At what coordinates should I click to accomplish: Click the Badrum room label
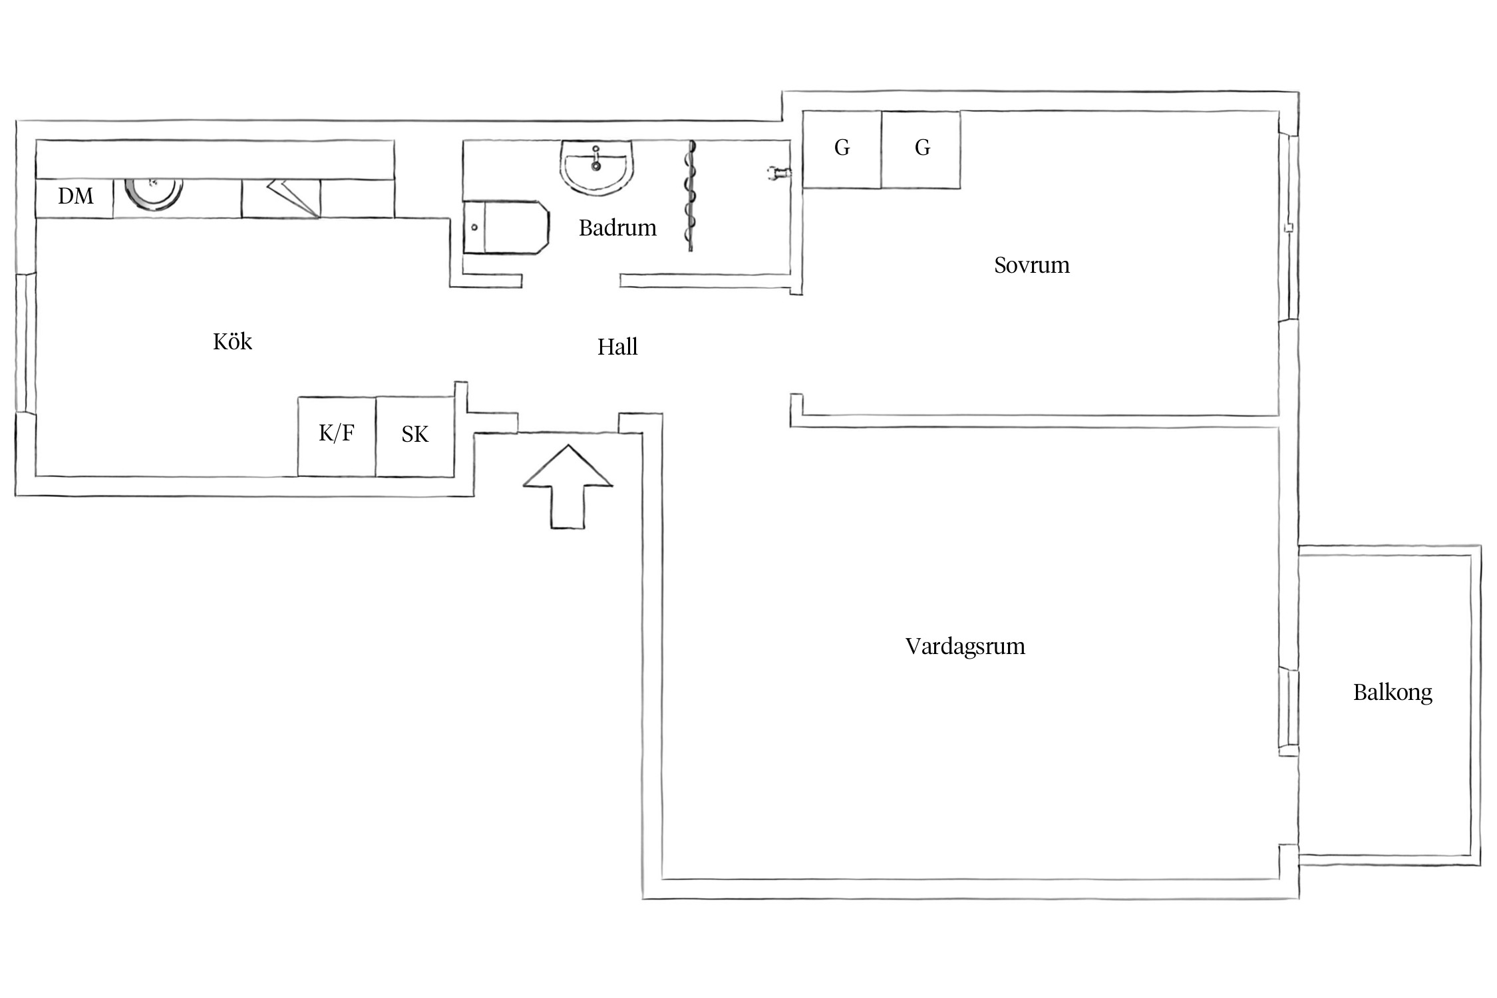(617, 228)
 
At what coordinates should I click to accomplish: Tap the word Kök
(232, 342)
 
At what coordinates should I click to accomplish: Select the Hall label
(617, 347)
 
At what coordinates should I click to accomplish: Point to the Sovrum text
(1031, 265)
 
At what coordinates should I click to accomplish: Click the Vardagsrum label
(965, 647)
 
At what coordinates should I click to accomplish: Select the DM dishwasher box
(75, 197)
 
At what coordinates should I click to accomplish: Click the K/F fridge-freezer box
(337, 436)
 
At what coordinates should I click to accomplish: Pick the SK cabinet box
(415, 436)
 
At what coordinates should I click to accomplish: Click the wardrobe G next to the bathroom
(842, 149)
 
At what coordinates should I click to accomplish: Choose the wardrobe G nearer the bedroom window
(921, 149)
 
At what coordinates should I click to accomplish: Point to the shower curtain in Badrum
(691, 196)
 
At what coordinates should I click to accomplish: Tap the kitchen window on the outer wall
(25, 343)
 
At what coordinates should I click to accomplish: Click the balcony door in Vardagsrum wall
(1289, 712)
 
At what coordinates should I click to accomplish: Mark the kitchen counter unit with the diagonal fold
(281, 198)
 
